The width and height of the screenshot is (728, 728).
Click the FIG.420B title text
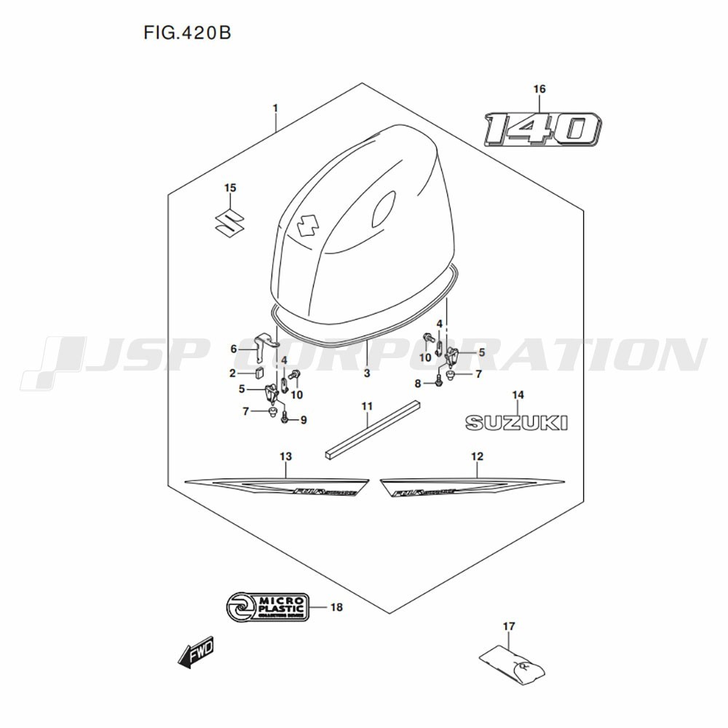point(183,33)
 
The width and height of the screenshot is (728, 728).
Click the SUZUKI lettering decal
point(516,422)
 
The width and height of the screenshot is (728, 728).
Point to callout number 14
point(518,395)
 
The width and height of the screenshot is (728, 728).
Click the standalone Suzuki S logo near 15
point(229,220)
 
